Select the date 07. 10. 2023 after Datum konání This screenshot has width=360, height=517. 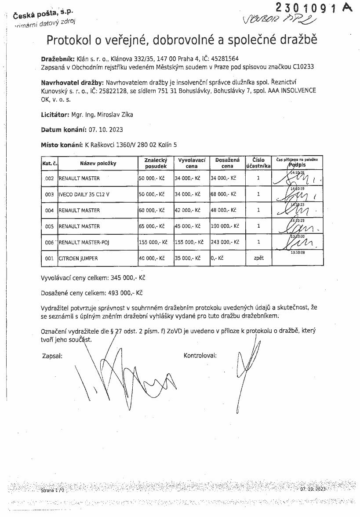pos(106,130)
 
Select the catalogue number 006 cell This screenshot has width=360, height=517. pos(49,243)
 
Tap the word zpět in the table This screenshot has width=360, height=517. pos(258,258)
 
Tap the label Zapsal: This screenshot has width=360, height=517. pos(52,356)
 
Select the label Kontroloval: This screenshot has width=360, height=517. pos(200,355)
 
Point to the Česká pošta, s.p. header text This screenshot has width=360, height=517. pos(43,15)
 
